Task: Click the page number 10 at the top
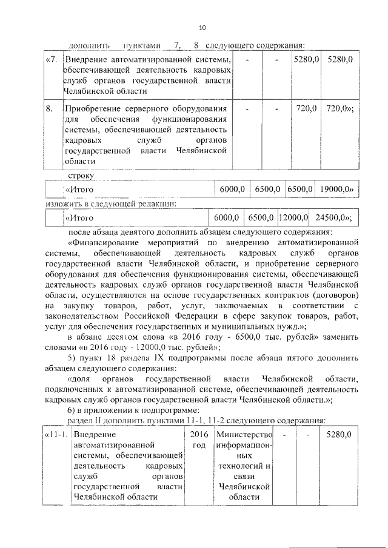(202, 28)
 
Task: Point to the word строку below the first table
(80, 176)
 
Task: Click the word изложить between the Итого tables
(65, 203)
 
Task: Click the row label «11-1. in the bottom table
(56, 435)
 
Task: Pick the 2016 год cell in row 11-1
(199, 440)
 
